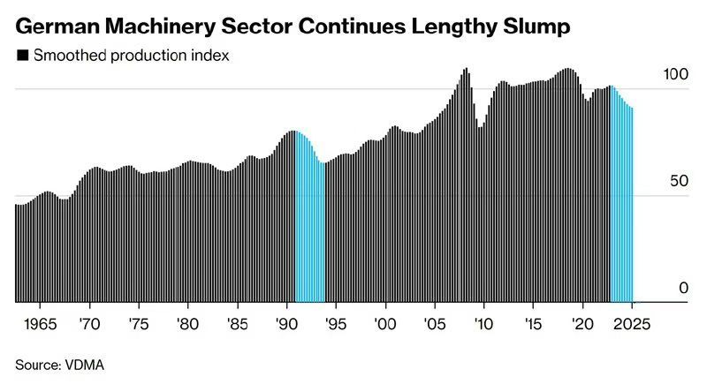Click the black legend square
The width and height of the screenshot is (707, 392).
(x=21, y=56)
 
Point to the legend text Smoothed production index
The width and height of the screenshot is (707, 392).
(x=132, y=56)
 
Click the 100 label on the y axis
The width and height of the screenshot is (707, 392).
(x=674, y=75)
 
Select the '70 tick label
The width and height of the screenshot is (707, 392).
(x=89, y=324)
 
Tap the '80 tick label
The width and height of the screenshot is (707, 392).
(x=187, y=324)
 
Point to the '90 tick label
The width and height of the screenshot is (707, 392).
(x=286, y=324)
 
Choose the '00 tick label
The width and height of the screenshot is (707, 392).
(x=385, y=324)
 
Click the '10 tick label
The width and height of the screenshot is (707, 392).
(x=483, y=324)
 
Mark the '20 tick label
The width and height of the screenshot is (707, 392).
(x=582, y=324)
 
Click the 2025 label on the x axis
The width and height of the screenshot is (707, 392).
(x=631, y=324)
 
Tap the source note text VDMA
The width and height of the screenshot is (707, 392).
(x=86, y=364)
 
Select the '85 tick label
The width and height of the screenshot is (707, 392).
(x=237, y=324)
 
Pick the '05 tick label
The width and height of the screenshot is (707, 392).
(x=434, y=324)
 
